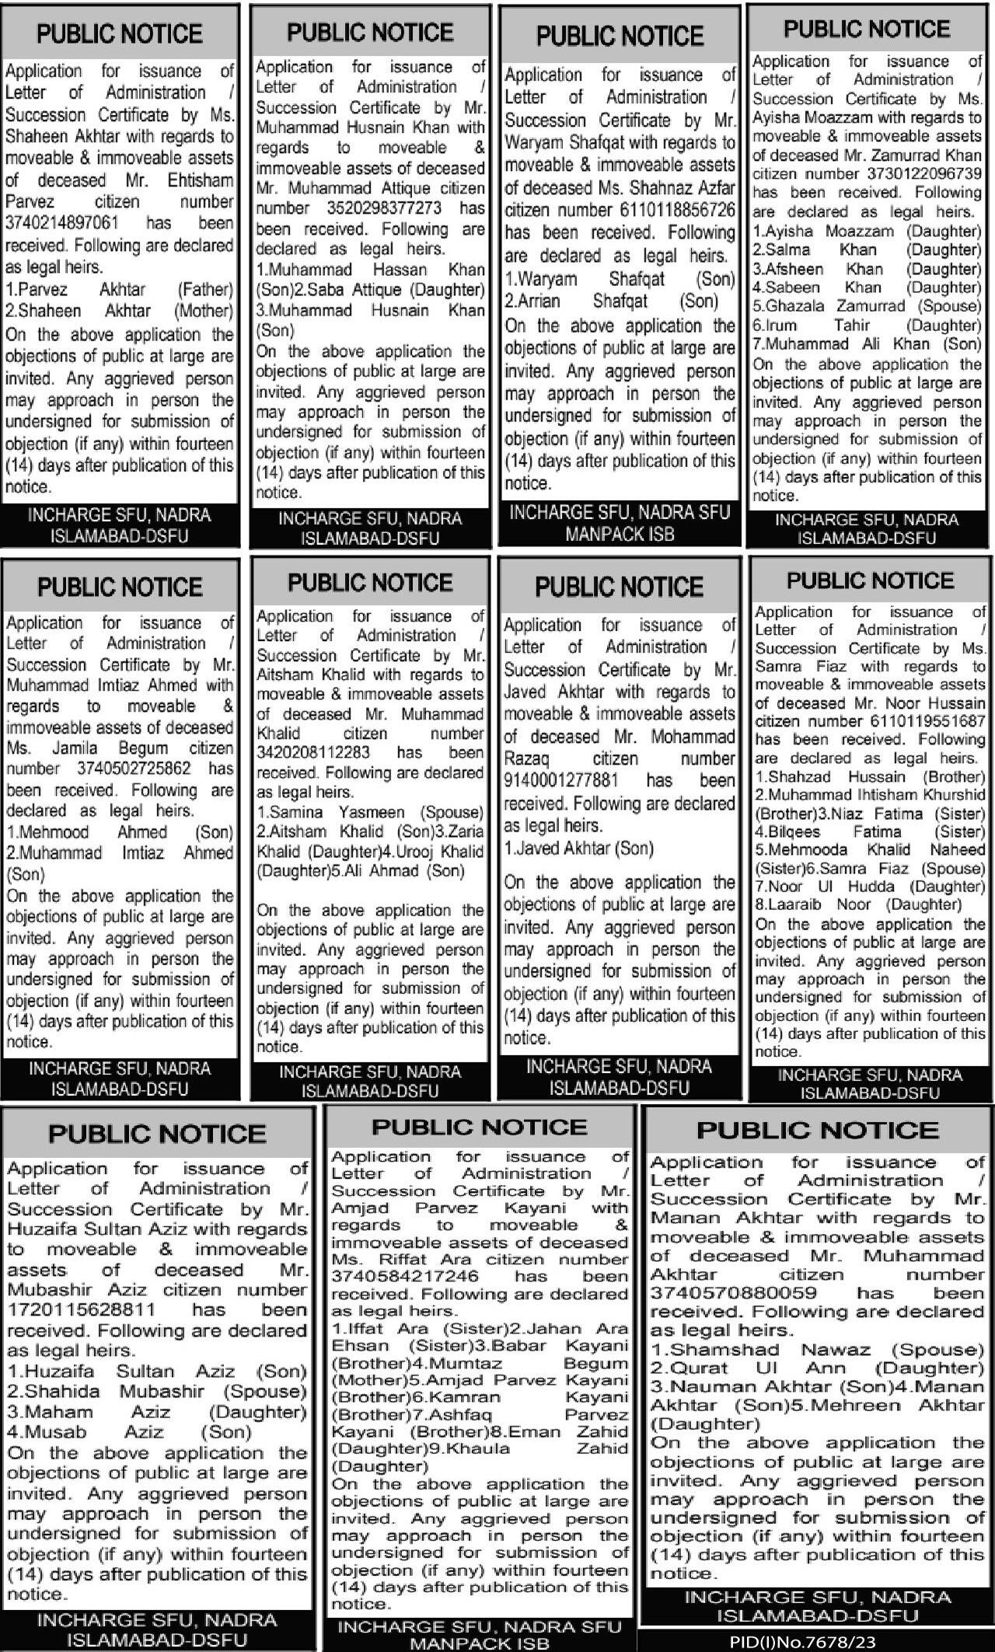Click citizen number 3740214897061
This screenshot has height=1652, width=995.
pyautogui.click(x=62, y=224)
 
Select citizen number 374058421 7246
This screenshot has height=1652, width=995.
pyautogui.click(x=394, y=1276)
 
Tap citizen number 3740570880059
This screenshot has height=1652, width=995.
pyautogui.click(x=733, y=1293)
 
